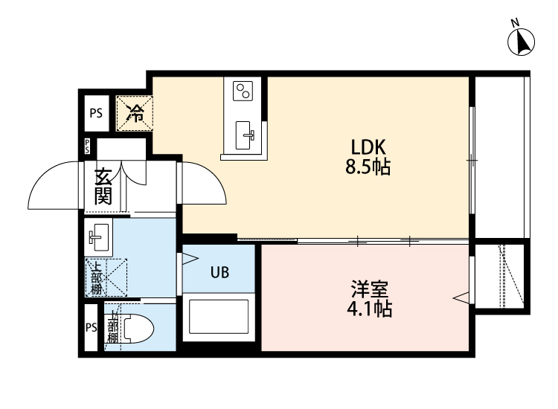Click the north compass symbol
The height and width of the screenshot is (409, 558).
click(522, 42)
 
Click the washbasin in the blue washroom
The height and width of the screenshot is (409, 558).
click(98, 238)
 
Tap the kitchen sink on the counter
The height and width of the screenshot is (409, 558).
click(246, 135)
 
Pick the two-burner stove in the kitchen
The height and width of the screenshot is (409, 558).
click(243, 92)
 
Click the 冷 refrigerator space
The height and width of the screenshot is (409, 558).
click(135, 113)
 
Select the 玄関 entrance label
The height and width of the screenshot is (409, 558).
click(103, 186)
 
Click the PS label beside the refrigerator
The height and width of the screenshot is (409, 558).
click(96, 113)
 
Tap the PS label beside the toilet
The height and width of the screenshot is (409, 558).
click(92, 328)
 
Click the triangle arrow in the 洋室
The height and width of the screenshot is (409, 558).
click(462, 299)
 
